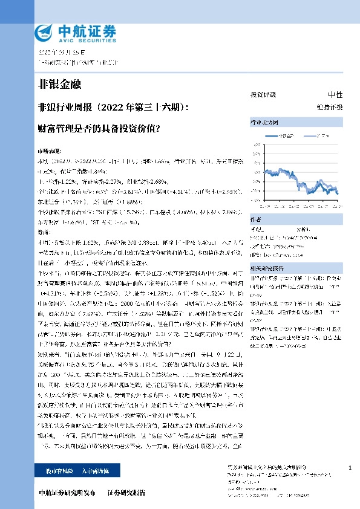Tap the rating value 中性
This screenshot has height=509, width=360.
(335, 95)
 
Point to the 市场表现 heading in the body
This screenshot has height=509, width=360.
(50, 148)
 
